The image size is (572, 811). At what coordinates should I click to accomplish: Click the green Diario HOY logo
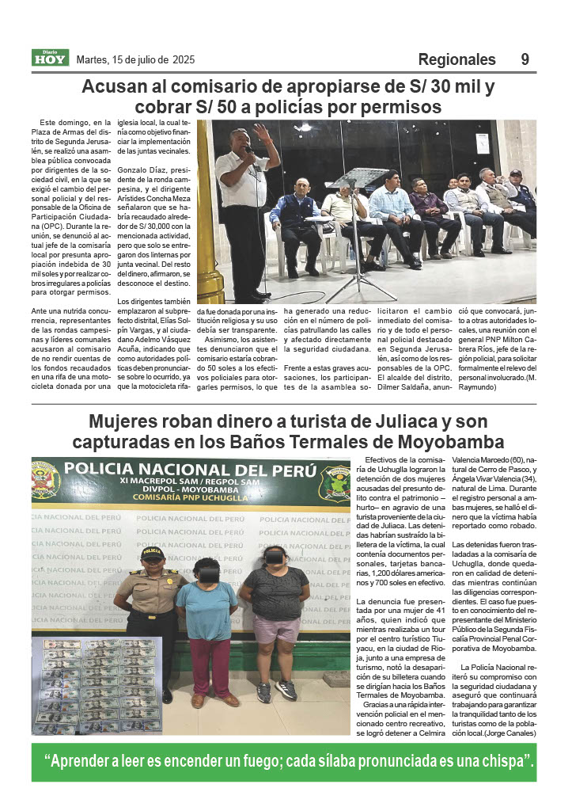51,58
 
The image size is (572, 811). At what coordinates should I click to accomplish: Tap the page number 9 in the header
525,59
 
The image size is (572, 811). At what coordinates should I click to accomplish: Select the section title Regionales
456,59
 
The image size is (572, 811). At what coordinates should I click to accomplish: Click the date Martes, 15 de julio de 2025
135,60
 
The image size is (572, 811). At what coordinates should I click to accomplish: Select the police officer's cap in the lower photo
152,551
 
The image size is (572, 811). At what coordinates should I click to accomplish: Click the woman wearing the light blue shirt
206,610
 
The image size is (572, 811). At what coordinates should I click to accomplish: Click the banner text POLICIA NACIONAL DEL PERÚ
190,469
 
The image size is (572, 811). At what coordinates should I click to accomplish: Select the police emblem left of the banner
46,482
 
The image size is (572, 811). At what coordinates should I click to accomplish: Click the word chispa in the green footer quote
506,762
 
